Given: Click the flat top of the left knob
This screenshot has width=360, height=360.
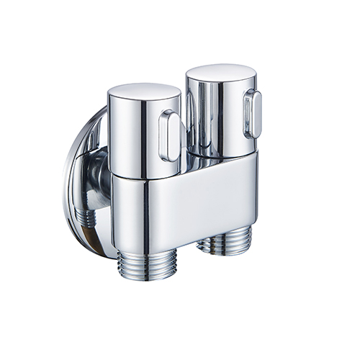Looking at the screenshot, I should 143,91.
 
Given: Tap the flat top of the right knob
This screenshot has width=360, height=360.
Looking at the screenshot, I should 220,72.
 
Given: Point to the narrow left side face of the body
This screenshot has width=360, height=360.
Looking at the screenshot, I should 119,212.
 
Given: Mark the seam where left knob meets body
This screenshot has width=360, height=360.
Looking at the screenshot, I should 144,177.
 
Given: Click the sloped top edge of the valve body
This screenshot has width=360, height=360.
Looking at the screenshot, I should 216,163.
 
